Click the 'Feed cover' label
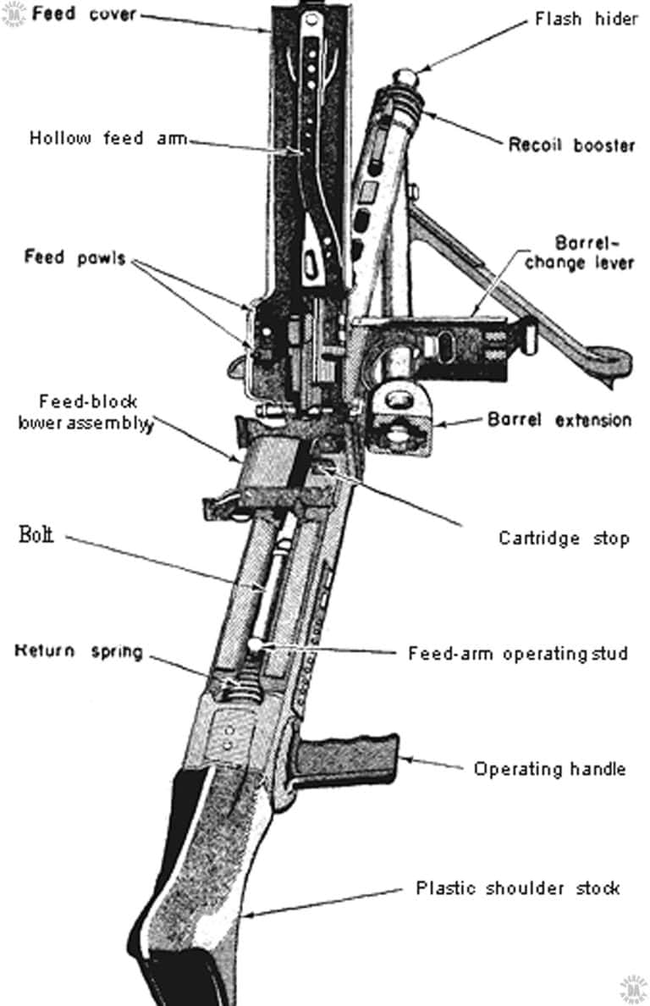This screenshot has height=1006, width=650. coord(84,14)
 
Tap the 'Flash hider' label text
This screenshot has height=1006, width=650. coord(586,19)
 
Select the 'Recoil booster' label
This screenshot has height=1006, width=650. coord(571,145)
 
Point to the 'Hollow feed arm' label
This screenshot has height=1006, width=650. coord(108,137)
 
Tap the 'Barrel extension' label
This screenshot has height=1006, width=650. coord(559,420)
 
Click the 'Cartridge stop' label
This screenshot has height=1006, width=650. coord(563,538)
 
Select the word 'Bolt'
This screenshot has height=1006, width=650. coord(36,534)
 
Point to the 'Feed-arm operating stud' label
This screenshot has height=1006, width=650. coord(518,653)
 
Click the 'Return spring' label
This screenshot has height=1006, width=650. coord(78,651)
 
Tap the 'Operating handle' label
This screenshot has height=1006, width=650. coord(548,769)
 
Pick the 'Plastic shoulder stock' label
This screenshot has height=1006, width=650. coord(517,887)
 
